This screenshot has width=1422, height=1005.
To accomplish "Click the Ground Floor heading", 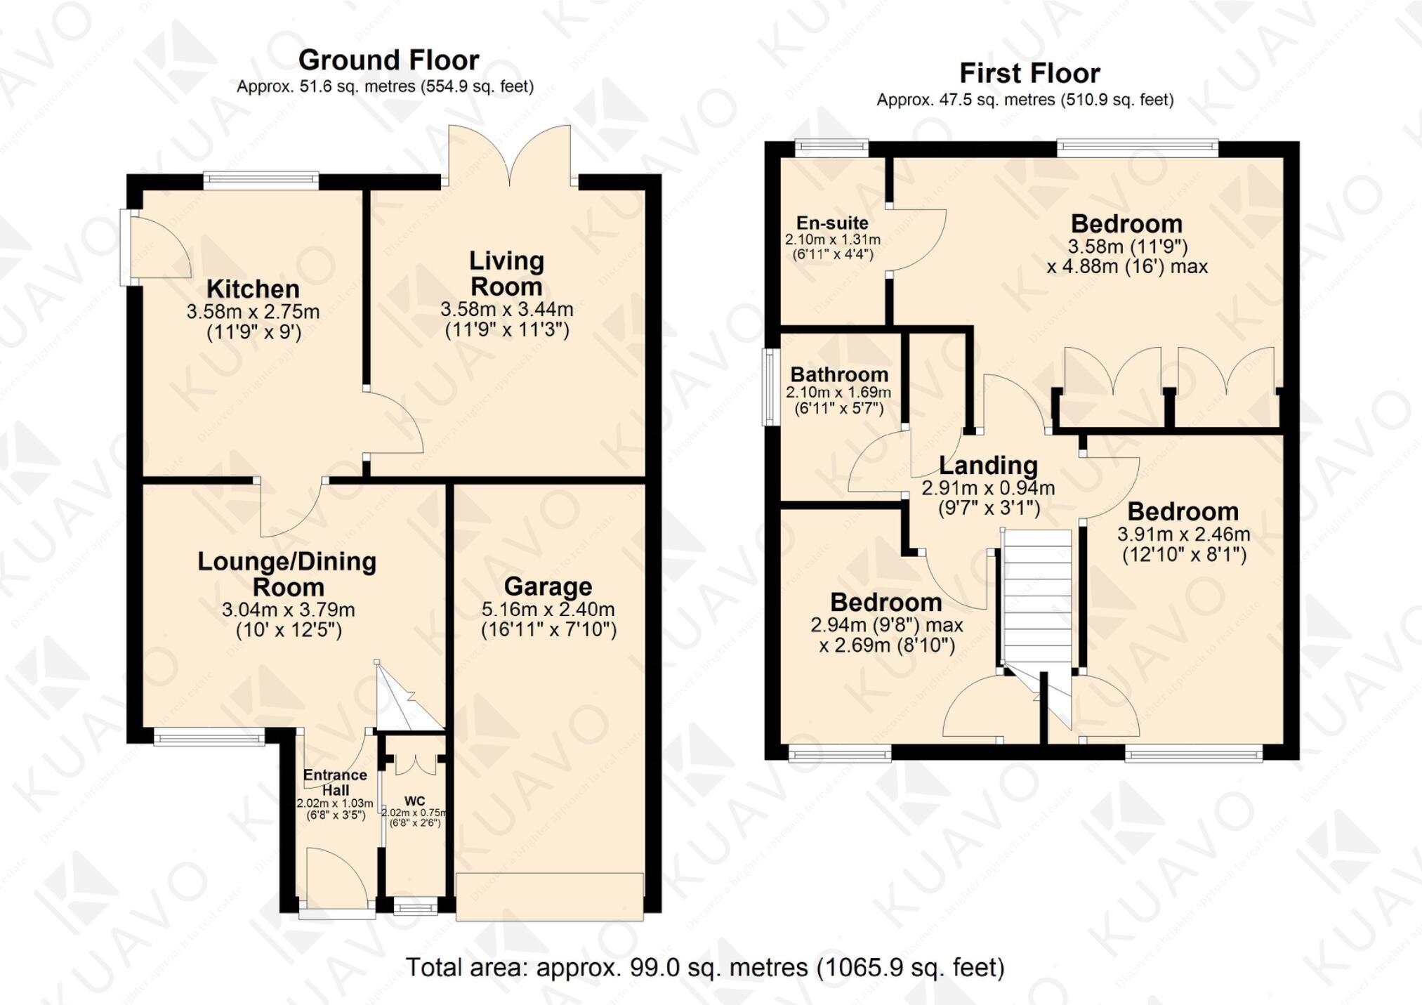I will pyautogui.click(x=388, y=60).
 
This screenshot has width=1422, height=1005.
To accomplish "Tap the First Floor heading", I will pyautogui.click(x=1029, y=73).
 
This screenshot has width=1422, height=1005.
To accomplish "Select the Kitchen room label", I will pyautogui.click(x=253, y=289).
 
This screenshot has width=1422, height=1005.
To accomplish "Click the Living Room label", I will pyautogui.click(x=506, y=273).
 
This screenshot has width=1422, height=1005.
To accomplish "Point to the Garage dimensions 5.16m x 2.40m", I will pyautogui.click(x=548, y=609).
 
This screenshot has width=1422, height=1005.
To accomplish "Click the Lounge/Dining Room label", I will pyautogui.click(x=287, y=574).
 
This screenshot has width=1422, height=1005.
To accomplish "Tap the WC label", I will pyautogui.click(x=414, y=801).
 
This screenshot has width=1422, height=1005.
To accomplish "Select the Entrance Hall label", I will pyautogui.click(x=335, y=782).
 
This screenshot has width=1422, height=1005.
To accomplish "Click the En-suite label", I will pyautogui.click(x=832, y=223).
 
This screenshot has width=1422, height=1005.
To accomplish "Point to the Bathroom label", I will pyautogui.click(x=839, y=374).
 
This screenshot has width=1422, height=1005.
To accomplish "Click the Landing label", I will pyautogui.click(x=988, y=465).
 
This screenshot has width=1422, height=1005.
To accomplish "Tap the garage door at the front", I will pyautogui.click(x=549, y=896).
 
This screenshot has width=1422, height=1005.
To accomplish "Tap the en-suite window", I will pyautogui.click(x=831, y=147).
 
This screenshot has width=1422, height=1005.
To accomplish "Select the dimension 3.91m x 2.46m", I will pyautogui.click(x=1183, y=534).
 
